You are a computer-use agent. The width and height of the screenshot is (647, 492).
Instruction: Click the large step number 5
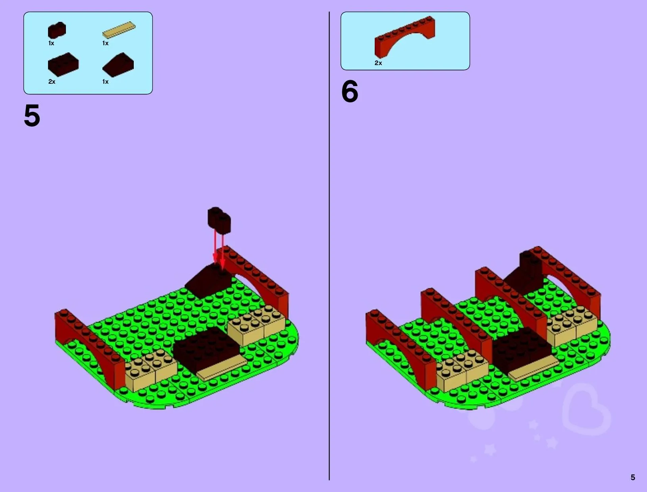32,115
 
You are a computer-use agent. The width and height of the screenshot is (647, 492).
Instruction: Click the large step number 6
350,91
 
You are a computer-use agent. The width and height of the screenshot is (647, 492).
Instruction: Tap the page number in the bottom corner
633,477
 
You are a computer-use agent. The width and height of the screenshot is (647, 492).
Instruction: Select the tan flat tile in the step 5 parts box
119,30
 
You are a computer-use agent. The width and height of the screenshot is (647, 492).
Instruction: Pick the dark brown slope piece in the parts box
118,65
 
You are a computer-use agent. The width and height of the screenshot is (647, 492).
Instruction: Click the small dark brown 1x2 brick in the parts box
57,30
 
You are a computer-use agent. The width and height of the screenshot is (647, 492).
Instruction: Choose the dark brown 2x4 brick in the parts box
63,65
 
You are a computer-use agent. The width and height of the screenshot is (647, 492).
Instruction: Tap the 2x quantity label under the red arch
378,63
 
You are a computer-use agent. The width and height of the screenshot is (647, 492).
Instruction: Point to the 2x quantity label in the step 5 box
52,82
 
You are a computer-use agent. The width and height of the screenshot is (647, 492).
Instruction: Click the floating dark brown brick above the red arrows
219,220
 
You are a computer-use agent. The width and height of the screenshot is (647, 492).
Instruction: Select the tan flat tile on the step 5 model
221,367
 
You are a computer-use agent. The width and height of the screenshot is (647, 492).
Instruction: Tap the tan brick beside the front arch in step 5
150,369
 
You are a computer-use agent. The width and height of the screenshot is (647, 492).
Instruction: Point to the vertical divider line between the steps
329,246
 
